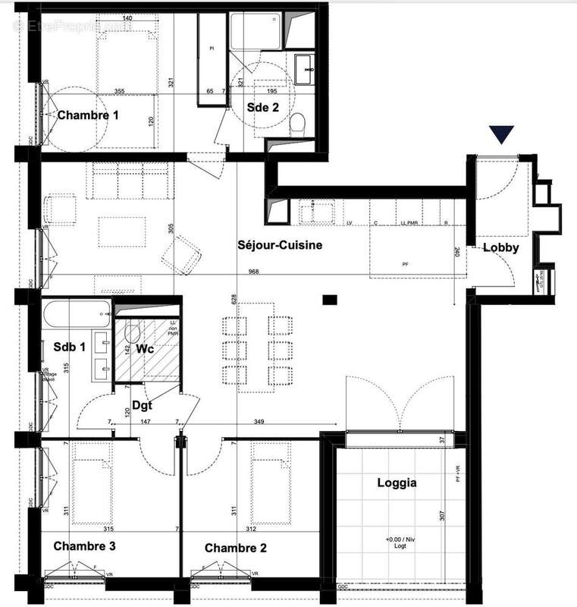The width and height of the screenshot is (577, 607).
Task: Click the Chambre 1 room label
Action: (x=89, y=115)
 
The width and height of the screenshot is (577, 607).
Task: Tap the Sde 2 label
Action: (x=263, y=108)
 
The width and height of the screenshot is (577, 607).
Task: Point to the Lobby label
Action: (x=500, y=247)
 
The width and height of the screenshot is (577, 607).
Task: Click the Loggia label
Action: (x=397, y=482)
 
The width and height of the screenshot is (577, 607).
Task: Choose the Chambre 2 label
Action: (x=235, y=548)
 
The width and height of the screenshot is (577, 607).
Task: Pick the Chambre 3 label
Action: (x=84, y=546)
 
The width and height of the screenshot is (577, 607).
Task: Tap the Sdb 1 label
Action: (x=70, y=347)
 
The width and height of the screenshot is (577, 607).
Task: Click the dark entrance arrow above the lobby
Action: (x=501, y=135)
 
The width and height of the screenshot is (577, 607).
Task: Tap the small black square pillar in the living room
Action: (x=329, y=300)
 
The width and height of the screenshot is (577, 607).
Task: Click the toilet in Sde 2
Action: (x=299, y=124)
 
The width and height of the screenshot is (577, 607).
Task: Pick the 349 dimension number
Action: (x=259, y=421)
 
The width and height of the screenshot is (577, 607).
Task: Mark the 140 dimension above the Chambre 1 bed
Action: (x=127, y=18)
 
